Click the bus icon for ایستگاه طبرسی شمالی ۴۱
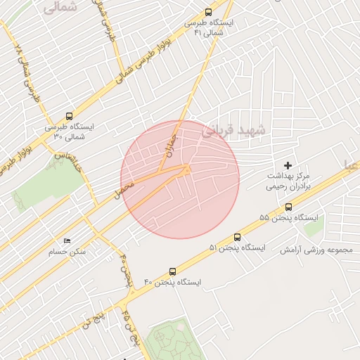tap(207, 12)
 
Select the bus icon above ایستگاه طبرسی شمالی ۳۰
tap(69, 116)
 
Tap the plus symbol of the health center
tap(288, 165)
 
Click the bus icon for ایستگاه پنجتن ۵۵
tap(289, 207)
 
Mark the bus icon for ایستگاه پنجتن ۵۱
tap(236, 238)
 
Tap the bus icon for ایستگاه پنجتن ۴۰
tap(172, 271)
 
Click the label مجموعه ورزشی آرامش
tap(319, 250)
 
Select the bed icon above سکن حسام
tap(67, 240)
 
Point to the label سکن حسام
tap(67, 251)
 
